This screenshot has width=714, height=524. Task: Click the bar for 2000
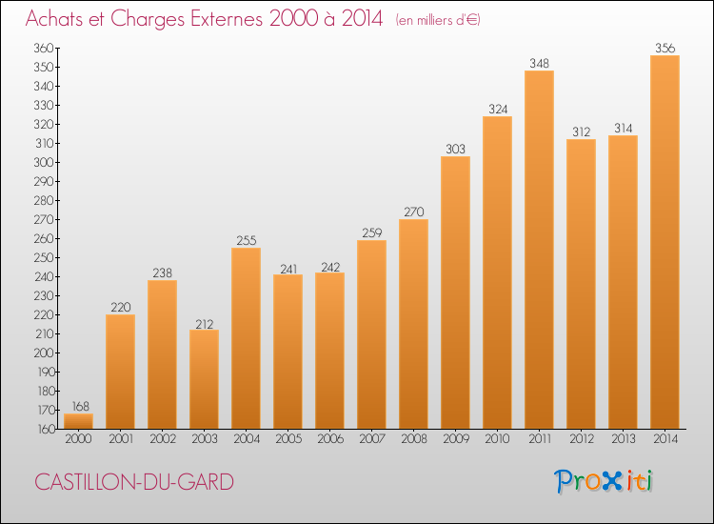coord(78,421)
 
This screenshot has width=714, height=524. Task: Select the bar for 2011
coord(539,250)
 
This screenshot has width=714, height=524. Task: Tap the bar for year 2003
coord(204,379)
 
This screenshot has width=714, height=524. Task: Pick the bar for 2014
coord(664,242)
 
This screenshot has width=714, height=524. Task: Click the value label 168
coord(81,406)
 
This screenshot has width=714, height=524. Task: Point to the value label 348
coord(539,63)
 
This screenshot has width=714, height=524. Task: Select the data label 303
coord(455,149)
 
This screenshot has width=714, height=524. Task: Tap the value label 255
coord(247,241)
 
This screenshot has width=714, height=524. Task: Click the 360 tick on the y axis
coord(44,48)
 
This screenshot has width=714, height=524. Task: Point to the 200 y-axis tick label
coord(44,353)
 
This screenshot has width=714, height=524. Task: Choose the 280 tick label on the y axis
coord(44,200)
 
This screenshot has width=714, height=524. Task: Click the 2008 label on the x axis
coord(414,439)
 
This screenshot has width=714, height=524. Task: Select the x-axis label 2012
coord(582,439)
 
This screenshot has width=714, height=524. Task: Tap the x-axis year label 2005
coord(288,439)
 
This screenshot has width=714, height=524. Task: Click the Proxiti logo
coord(604,481)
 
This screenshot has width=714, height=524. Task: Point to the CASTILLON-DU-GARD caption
coord(134,482)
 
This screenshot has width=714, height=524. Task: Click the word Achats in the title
coord(54,19)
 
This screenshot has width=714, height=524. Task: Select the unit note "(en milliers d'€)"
coord(438,21)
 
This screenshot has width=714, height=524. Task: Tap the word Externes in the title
coord(227,19)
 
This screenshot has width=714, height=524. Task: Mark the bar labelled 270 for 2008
coord(413,324)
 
